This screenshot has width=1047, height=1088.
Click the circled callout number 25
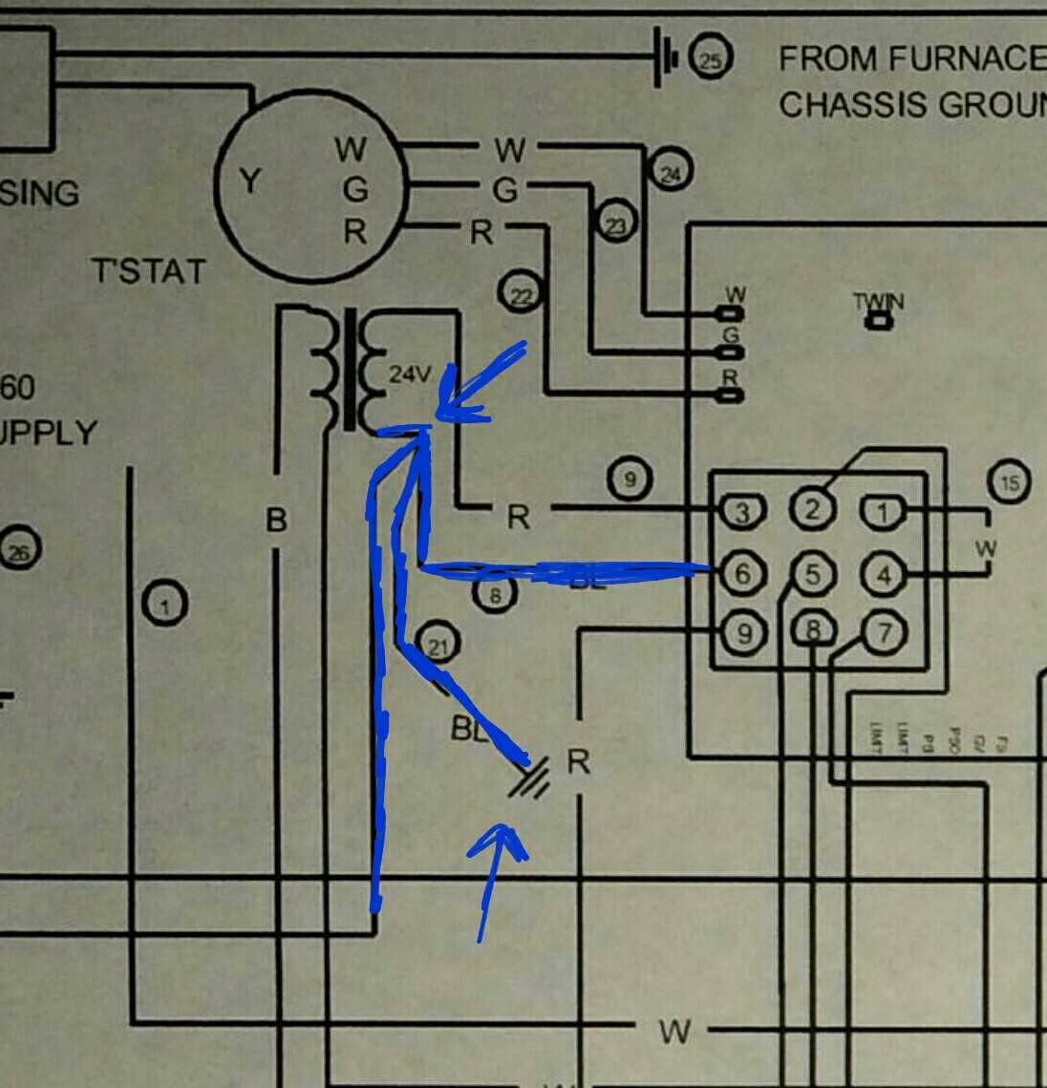711,61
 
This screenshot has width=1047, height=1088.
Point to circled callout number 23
617,224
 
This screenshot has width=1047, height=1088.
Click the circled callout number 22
520,295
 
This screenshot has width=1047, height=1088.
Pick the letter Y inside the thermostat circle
249,181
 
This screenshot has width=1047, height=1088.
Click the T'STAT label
148,271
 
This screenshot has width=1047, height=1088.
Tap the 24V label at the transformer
410,374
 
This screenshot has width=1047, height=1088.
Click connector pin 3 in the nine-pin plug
742,513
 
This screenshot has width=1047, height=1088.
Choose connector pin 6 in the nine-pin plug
742,574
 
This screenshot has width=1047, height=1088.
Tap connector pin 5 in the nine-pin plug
812,574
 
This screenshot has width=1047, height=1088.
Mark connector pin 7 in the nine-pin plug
883,631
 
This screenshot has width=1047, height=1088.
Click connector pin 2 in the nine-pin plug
812,508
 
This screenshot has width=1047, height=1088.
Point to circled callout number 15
1009,482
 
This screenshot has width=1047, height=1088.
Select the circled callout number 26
20,550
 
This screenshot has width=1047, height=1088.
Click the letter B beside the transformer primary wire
276,521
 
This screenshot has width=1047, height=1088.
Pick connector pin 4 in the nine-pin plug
883,575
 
